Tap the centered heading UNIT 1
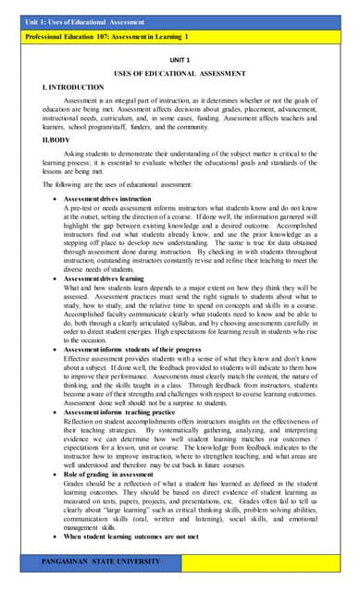[180, 58]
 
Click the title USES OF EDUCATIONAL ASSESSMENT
[180, 72]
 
